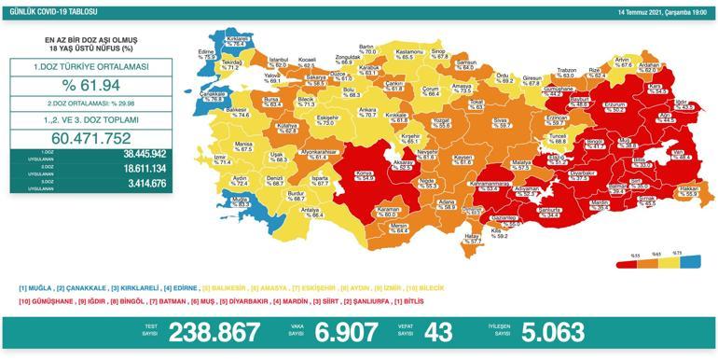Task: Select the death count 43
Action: point(437,333)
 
